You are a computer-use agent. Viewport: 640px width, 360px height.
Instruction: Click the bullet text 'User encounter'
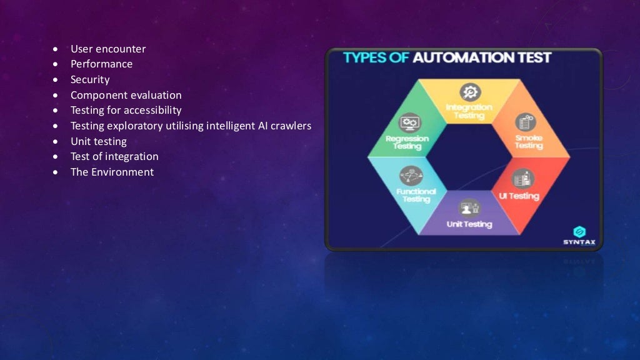point(108,49)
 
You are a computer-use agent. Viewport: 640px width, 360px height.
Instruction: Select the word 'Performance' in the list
point(101,64)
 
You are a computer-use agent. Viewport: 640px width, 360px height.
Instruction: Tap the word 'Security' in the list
point(90,79)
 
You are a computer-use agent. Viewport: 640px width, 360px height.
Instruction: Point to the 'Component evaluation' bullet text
point(126,95)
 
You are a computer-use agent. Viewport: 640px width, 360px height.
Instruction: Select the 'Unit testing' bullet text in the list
point(99,141)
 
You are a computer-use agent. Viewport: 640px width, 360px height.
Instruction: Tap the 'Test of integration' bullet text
point(114,156)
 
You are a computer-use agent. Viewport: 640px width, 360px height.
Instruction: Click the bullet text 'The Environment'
point(112,172)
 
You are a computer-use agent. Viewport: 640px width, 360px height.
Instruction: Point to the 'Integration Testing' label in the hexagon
point(469,111)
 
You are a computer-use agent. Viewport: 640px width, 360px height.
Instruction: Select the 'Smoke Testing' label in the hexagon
point(529,141)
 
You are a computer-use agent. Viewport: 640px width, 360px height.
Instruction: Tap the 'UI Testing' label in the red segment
point(519,196)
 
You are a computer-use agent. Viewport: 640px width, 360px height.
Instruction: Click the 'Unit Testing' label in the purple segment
point(469,224)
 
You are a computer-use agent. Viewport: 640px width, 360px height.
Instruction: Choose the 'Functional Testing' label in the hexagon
point(416,195)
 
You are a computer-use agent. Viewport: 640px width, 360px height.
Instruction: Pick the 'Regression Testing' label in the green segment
point(407,142)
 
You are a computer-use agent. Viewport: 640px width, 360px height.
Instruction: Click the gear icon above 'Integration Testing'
point(469,92)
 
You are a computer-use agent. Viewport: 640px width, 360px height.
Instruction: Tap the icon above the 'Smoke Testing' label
point(525,122)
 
